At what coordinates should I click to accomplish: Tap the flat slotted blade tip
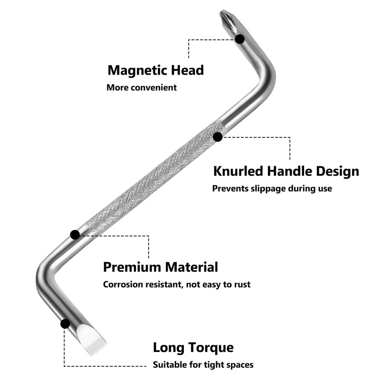tap(92, 339)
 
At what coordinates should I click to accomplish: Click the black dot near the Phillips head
tap(240, 39)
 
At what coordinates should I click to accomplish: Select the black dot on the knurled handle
tap(218, 137)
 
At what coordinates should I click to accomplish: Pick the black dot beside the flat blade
tap(65, 324)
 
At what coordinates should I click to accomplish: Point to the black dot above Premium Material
tap(75, 235)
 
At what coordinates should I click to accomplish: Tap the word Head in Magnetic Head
tap(187, 70)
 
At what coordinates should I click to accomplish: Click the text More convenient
tap(142, 87)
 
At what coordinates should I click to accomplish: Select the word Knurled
tap(238, 171)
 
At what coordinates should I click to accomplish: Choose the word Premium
tap(132, 267)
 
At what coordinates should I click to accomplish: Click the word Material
tap(191, 267)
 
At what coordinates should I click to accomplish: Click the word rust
tap(242, 285)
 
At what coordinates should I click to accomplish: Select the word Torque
tap(210, 348)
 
